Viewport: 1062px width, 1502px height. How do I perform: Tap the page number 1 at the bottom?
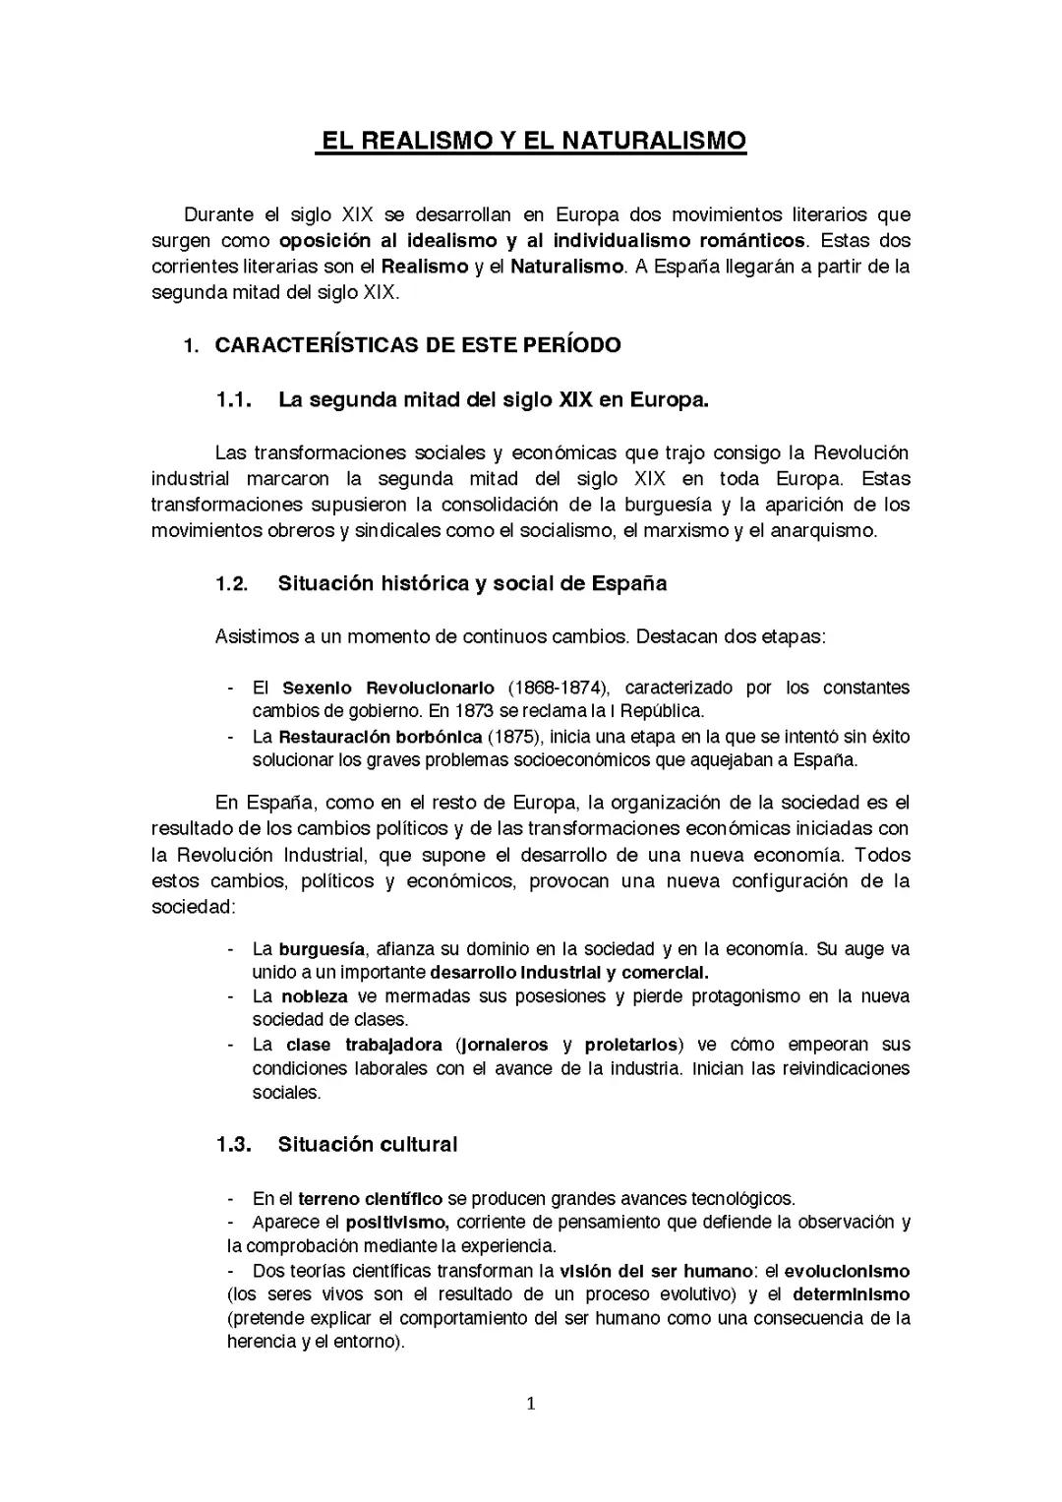pos(531,1404)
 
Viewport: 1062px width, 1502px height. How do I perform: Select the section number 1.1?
pos(233,400)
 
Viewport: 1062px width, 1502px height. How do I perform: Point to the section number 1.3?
pos(233,1145)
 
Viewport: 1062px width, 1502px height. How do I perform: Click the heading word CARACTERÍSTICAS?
pos(318,345)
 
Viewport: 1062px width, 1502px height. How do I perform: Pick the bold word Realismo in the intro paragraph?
pos(424,267)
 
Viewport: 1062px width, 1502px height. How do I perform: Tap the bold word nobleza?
pos(314,996)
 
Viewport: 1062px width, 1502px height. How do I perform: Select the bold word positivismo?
pos(397,1223)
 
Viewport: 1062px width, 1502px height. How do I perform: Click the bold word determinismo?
pos(851,1294)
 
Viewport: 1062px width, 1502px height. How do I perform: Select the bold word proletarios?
pos(631,1045)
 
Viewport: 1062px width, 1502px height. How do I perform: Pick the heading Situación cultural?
pos(367,1145)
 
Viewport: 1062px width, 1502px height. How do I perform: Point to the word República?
pos(663,711)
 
